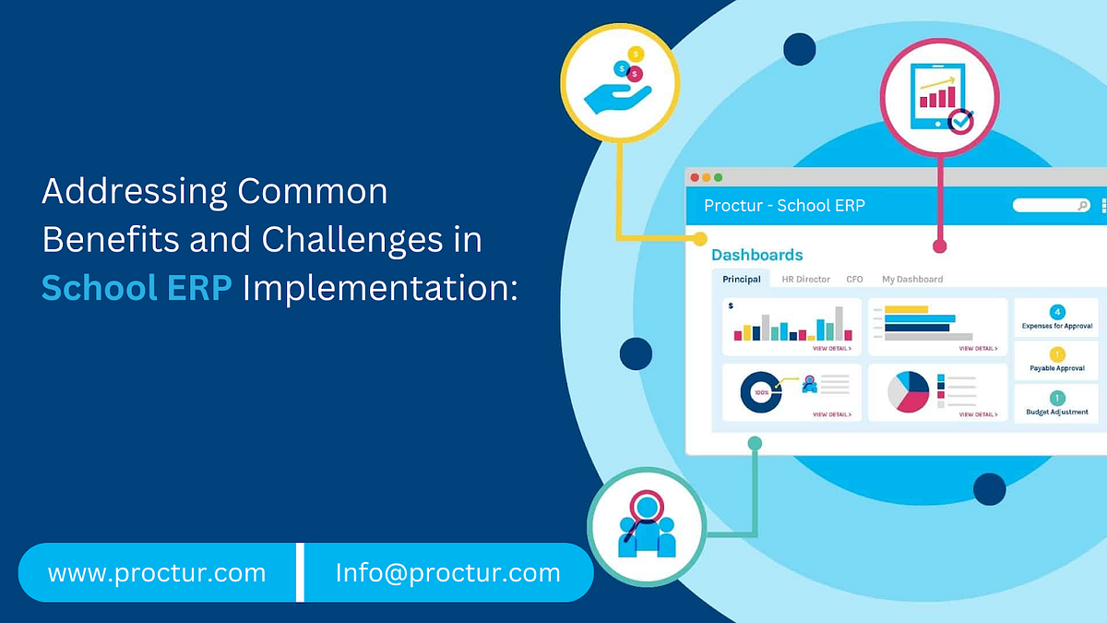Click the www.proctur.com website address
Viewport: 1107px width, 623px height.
tap(157, 573)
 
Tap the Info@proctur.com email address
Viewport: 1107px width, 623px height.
tap(448, 573)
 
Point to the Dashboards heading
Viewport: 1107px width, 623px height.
tap(756, 255)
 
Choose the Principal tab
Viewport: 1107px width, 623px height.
tap(742, 279)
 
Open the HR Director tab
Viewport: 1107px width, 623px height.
tap(805, 279)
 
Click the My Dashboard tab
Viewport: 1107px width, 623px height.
tap(911, 279)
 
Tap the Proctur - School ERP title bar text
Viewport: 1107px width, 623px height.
tap(784, 205)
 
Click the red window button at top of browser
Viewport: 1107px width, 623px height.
tap(695, 177)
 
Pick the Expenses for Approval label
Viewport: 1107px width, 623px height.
tap(1057, 326)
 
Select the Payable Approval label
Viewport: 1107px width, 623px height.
tap(1057, 368)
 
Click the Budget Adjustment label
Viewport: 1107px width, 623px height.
tap(1057, 412)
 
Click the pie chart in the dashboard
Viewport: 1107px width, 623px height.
tap(908, 392)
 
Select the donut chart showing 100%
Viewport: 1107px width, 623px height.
tap(761, 392)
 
